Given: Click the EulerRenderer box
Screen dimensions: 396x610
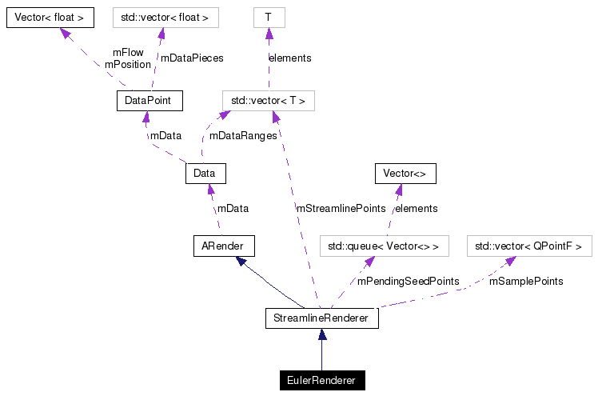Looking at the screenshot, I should (x=321, y=380).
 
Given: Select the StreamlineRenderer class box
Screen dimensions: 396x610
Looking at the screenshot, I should (x=321, y=318).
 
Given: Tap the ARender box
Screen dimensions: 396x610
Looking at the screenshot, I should (x=224, y=246).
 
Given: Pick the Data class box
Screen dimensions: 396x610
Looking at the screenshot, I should (x=205, y=173).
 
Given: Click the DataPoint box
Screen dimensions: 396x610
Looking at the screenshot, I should (x=149, y=101).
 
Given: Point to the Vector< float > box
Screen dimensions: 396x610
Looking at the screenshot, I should (x=50, y=17).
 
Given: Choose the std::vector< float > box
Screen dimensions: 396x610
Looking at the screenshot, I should (x=165, y=17).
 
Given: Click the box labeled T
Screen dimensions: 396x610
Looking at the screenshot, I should (x=269, y=17).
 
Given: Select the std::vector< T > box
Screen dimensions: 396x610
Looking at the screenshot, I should (x=268, y=101).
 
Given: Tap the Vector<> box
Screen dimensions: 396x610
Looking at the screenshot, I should (x=405, y=173).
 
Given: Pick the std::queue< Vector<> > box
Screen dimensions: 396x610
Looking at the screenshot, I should (x=385, y=246).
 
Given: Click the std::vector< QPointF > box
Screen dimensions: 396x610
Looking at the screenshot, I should (x=529, y=246).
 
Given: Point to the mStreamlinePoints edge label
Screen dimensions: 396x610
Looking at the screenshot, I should (x=341, y=208).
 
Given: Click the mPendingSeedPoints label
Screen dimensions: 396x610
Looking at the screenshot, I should (x=408, y=282).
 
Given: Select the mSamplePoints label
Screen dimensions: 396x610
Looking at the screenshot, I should (x=525, y=282).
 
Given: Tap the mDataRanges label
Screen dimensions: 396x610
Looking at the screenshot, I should (x=243, y=136).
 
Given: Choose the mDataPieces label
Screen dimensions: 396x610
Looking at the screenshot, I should (x=192, y=58).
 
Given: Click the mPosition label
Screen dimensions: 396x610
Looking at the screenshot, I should (x=127, y=64).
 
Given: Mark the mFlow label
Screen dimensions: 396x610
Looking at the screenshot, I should (x=128, y=53).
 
